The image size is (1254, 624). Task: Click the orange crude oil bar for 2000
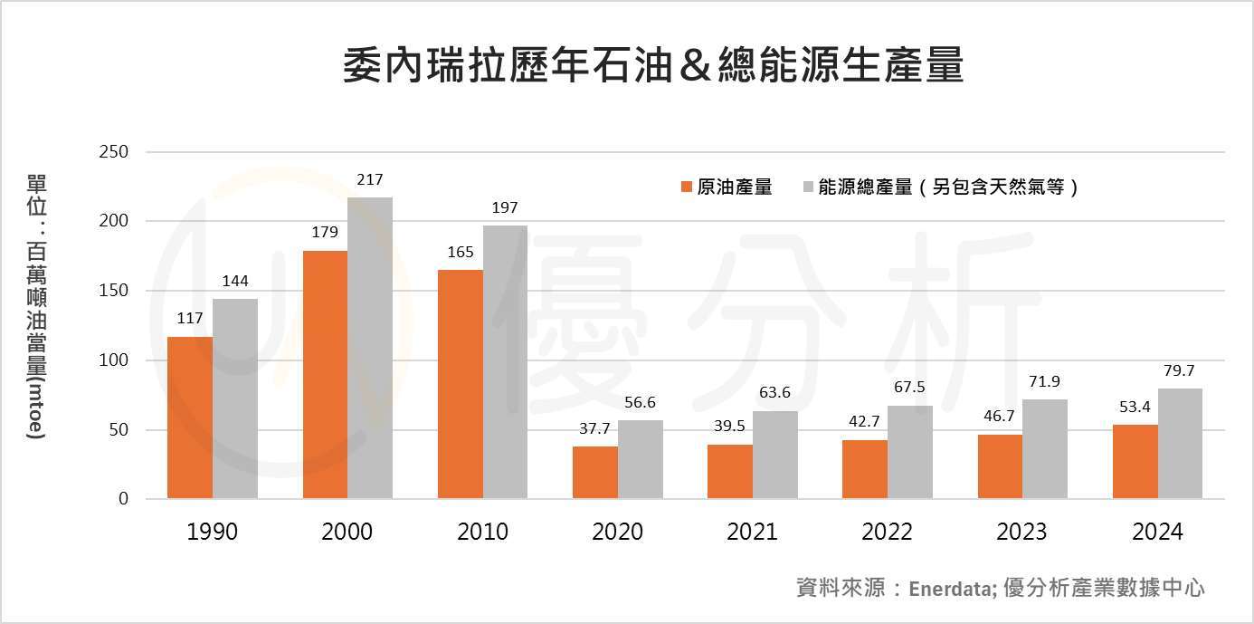(325, 375)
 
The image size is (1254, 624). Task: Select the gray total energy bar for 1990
(235, 398)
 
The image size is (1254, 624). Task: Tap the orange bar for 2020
(595, 473)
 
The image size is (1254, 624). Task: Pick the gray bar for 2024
(1180, 444)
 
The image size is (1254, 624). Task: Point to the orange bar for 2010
(460, 384)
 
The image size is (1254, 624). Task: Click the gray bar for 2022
(909, 452)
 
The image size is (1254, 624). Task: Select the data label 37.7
(595, 429)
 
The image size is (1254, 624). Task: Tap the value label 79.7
(1180, 371)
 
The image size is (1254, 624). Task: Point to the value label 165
(461, 253)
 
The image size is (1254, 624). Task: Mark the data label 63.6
(774, 393)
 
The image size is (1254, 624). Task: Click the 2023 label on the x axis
(1021, 532)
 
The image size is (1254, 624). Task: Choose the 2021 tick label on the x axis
(752, 532)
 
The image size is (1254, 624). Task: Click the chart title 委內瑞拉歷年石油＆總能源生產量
(652, 67)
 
